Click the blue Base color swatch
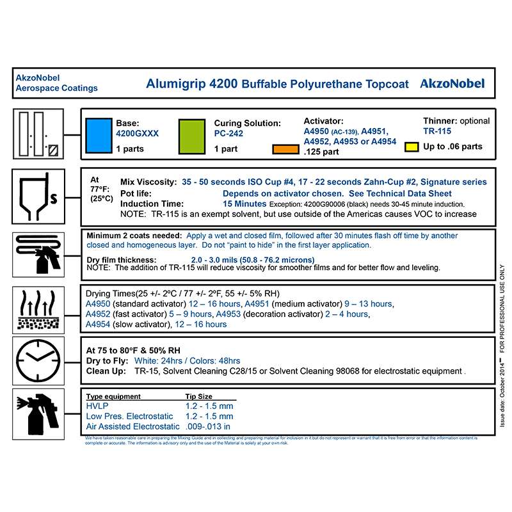point(99,134)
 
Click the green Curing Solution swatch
point(192,134)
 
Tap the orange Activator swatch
point(285,150)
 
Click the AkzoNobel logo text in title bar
point(452,83)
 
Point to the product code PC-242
point(228,134)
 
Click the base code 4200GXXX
point(137,134)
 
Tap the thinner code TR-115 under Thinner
point(437,132)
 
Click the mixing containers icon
point(38,134)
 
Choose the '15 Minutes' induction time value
point(244,204)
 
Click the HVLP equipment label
point(97,406)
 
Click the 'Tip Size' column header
point(200,396)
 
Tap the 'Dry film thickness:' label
point(122,259)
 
